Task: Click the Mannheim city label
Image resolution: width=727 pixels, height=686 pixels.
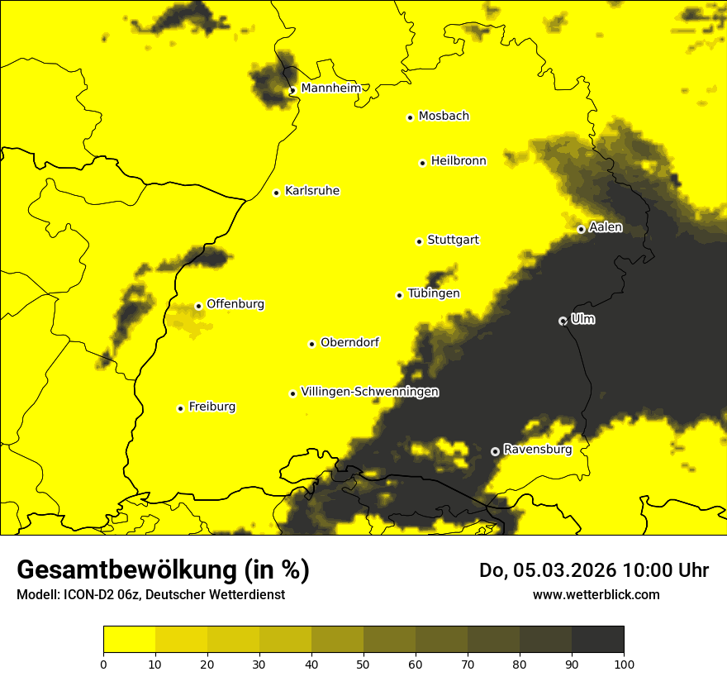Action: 330,88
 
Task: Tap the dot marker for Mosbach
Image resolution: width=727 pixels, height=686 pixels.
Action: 410,117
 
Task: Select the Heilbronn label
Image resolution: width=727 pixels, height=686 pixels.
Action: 459,161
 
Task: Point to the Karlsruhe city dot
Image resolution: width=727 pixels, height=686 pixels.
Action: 276,193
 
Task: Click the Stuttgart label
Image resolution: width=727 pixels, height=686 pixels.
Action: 453,241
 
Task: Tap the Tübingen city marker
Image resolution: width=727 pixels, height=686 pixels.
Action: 399,295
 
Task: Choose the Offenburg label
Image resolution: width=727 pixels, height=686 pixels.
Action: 235,304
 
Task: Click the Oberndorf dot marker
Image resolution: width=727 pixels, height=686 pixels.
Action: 311,344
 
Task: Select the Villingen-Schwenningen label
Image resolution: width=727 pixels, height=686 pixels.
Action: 370,392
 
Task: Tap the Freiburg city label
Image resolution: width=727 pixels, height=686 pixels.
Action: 211,407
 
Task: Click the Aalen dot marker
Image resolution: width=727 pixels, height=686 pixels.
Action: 581,229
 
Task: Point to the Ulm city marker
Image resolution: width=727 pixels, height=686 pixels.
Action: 563,321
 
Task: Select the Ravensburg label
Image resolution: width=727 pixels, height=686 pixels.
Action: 537,450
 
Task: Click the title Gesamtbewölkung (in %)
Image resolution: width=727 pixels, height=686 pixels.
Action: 163,570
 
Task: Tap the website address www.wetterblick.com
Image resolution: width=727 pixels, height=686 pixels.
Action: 596,594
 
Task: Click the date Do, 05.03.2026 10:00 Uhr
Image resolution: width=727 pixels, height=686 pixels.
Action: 594,570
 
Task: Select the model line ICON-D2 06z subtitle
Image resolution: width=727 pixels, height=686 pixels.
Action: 150,594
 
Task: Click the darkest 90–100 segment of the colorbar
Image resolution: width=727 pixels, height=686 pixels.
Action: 597,639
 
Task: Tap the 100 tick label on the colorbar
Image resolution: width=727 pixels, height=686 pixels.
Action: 624,663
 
